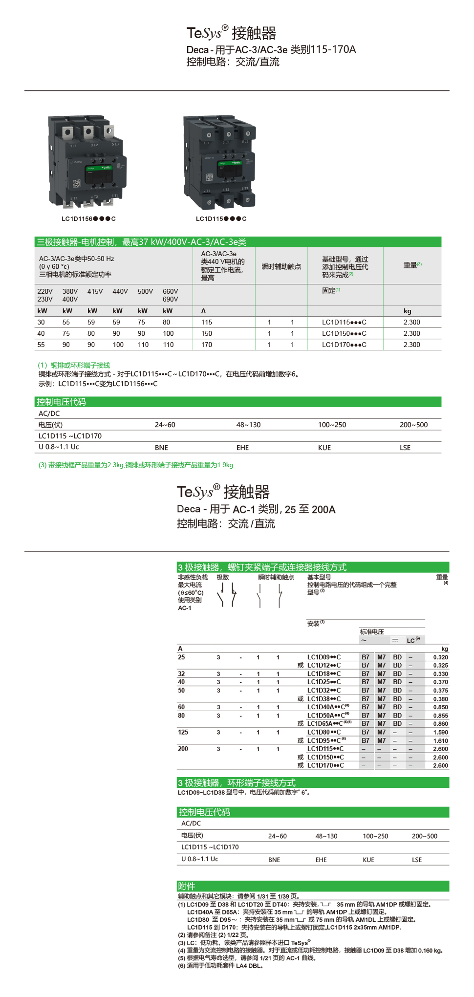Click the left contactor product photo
pyautogui.click(x=87, y=161)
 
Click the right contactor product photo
pyautogui.click(x=219, y=161)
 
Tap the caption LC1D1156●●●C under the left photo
pyautogui.click(x=88, y=219)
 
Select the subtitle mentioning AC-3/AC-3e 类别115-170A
pyautogui.click(x=271, y=49)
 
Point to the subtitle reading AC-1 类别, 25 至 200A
pyautogui.click(x=256, y=509)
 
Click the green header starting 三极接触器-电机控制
pyautogui.click(x=142, y=242)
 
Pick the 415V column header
pyautogui.click(x=95, y=291)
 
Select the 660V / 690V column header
pyautogui.click(x=170, y=295)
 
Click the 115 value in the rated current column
pyautogui.click(x=207, y=323)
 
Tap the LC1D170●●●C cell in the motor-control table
pyautogui.click(x=344, y=345)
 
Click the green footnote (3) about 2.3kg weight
pyautogui.click(x=136, y=465)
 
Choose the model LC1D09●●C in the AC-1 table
pyautogui.click(x=324, y=657)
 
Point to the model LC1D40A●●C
pyautogui.click(x=328, y=707)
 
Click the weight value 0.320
pyautogui.click(x=440, y=657)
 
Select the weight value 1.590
pyautogui.click(x=440, y=732)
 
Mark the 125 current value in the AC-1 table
pyautogui.click(x=183, y=732)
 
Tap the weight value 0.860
pyautogui.click(x=440, y=724)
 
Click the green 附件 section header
pyautogui.click(x=186, y=886)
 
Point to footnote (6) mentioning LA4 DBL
pyautogui.click(x=221, y=966)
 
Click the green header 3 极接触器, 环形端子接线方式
pyautogui.click(x=237, y=782)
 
